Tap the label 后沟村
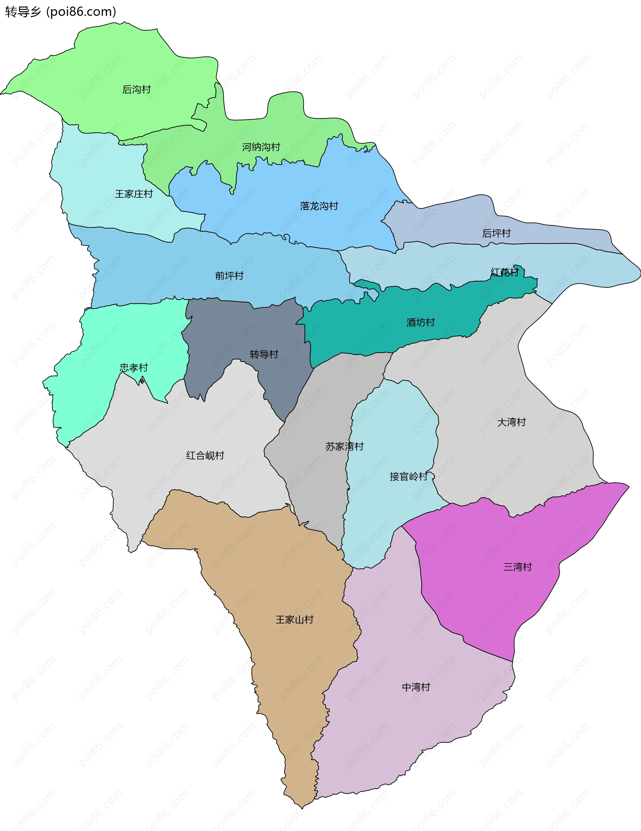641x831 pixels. pyautogui.click(x=137, y=90)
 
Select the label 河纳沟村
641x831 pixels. pyautogui.click(x=261, y=147)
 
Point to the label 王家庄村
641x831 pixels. pyautogui.click(x=134, y=194)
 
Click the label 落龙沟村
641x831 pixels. pyautogui.click(x=319, y=206)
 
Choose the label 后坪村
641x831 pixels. pyautogui.click(x=496, y=233)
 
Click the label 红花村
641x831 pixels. pyautogui.click(x=504, y=272)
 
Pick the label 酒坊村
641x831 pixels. pyautogui.click(x=421, y=322)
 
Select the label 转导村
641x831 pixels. pyautogui.click(x=264, y=354)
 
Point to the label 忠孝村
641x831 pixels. pyautogui.click(x=134, y=368)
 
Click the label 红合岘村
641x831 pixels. pyautogui.click(x=205, y=455)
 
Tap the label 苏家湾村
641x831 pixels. pyautogui.click(x=345, y=446)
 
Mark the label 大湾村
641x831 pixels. pyautogui.click(x=511, y=422)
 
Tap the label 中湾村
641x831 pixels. pyautogui.click(x=416, y=687)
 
